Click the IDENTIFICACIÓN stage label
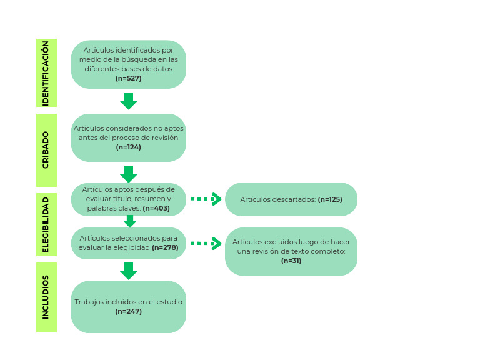[x=46, y=72]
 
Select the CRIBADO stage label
[x=46, y=150]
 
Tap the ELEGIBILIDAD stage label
[x=46, y=225]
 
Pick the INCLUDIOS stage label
[x=46, y=297]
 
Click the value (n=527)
[x=129, y=78]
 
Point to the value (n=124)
[x=129, y=147]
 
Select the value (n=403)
[x=156, y=208]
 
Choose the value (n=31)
[x=291, y=261]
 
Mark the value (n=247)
[x=129, y=311]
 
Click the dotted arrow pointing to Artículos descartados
[x=206, y=199]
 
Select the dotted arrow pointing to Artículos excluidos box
[x=206, y=243]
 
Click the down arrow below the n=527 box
[x=129, y=101]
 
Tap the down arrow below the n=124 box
[x=129, y=173]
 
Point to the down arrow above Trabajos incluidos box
[x=129, y=271]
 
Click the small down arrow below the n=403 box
[x=129, y=221]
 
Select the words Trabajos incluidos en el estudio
[x=129, y=302]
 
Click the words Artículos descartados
[x=278, y=199]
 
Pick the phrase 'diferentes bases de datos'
[x=129, y=69]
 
